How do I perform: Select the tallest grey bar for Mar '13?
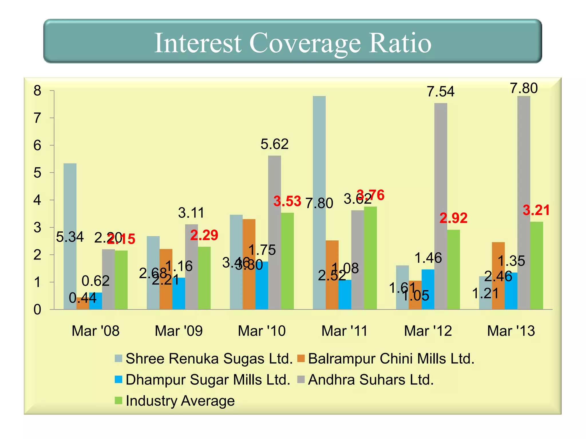524,200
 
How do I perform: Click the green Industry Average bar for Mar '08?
121,280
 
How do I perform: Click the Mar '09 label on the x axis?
179,331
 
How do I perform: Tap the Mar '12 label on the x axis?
428,331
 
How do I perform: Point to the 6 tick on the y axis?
37,146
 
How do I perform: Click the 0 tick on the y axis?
37,310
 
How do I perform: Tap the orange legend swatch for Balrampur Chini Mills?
301,358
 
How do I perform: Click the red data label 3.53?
287,201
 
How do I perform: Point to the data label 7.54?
440,92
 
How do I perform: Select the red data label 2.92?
453,218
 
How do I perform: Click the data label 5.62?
274,144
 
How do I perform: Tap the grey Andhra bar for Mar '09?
191,266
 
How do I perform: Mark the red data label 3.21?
536,210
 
